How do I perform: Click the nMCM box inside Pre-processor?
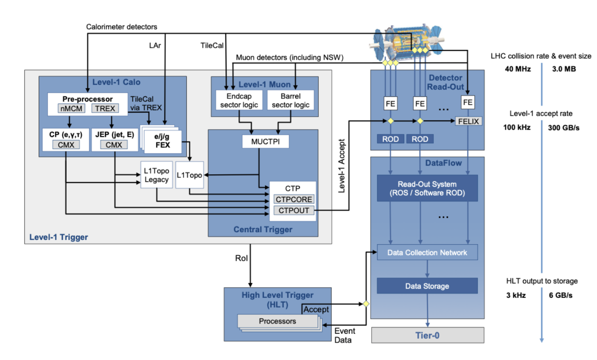[71, 108]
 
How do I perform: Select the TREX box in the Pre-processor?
[105, 108]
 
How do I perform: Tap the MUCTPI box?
[265, 142]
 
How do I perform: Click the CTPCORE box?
[294, 199]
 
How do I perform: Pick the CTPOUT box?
[294, 211]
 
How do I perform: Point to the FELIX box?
[468, 121]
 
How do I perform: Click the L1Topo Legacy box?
[157, 175]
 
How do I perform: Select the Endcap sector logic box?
[239, 100]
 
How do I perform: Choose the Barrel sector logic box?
[291, 100]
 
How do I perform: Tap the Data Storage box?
[427, 286]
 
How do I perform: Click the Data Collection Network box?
[427, 252]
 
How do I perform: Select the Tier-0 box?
[427, 335]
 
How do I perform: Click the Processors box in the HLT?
[277, 321]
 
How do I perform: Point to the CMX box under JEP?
[114, 145]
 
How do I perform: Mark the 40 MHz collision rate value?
[518, 69]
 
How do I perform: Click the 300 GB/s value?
[563, 128]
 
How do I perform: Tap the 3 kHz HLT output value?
[516, 295]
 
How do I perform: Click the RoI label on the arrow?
[241, 258]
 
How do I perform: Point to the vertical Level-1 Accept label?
[341, 166]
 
